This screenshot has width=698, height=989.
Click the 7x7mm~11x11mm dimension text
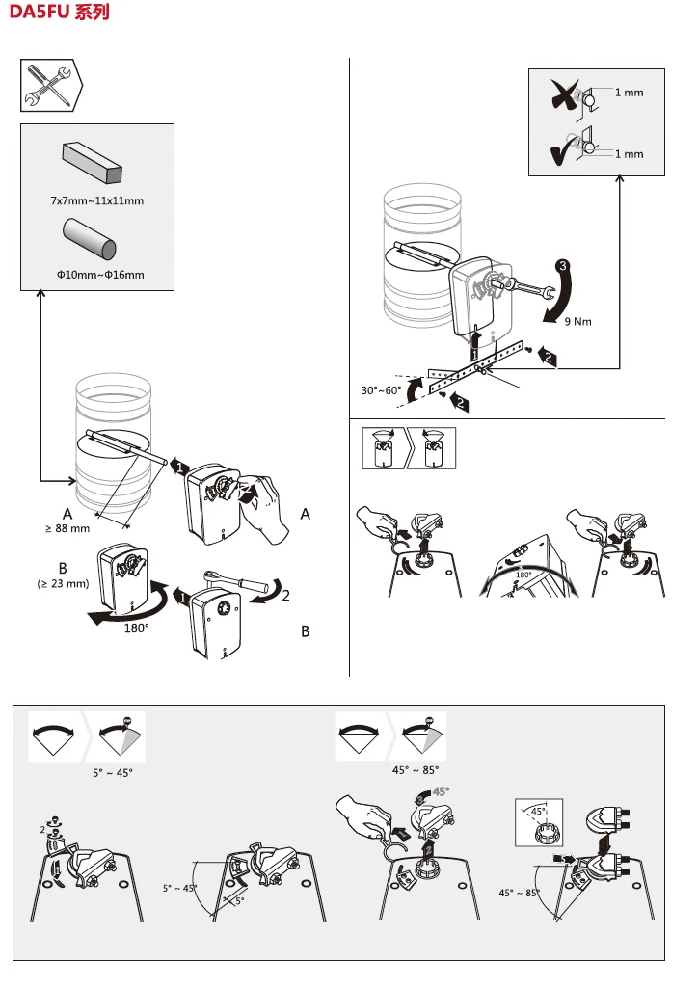pyautogui.click(x=97, y=200)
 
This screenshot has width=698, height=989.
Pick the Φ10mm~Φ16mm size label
pyautogui.click(x=100, y=275)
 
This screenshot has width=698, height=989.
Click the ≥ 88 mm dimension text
pyautogui.click(x=67, y=528)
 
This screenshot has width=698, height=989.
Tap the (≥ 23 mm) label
pyautogui.click(x=63, y=583)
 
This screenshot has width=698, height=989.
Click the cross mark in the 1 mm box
pyautogui.click(x=559, y=94)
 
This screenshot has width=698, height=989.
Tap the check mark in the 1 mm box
pyautogui.click(x=559, y=151)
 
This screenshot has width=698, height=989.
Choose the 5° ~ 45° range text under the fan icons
pyautogui.click(x=112, y=773)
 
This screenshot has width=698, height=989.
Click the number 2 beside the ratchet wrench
pyautogui.click(x=285, y=596)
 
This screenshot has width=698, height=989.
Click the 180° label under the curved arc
pyautogui.click(x=136, y=627)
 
